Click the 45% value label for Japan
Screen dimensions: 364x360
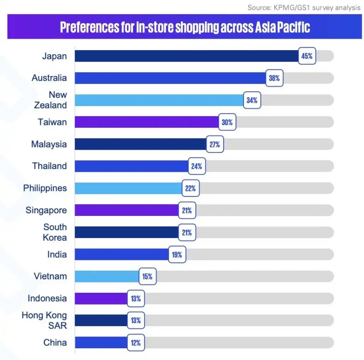pyautogui.click(x=307, y=56)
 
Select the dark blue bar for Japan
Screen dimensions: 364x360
pyautogui.click(x=186, y=56)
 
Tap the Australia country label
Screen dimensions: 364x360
pyautogui.click(x=49, y=78)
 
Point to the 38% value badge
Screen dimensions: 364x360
pyautogui.click(x=274, y=78)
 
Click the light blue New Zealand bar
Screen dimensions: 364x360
pyautogui.click(x=159, y=100)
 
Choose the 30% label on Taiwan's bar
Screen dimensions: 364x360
pyautogui.click(x=227, y=122)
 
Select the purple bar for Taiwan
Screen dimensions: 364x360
pyautogui.click(x=147, y=122)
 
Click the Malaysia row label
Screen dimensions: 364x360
pyautogui.click(x=49, y=144)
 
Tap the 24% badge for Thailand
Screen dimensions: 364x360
pyautogui.click(x=197, y=166)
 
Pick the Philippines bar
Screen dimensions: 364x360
pyautogui.click(x=128, y=188)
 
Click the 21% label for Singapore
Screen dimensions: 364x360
pyautogui.click(x=187, y=211)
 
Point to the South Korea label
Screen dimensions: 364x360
pyautogui.click(x=55, y=232)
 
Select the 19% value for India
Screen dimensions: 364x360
pyautogui.click(x=177, y=255)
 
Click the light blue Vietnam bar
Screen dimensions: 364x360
pyautogui.click(x=107, y=276)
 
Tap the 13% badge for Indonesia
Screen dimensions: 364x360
pyautogui.click(x=136, y=298)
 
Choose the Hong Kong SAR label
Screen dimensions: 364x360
pyautogui.click(x=44, y=320)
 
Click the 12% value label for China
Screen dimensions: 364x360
pyautogui.click(x=136, y=343)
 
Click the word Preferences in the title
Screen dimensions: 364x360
pyautogui.click(x=90, y=27)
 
